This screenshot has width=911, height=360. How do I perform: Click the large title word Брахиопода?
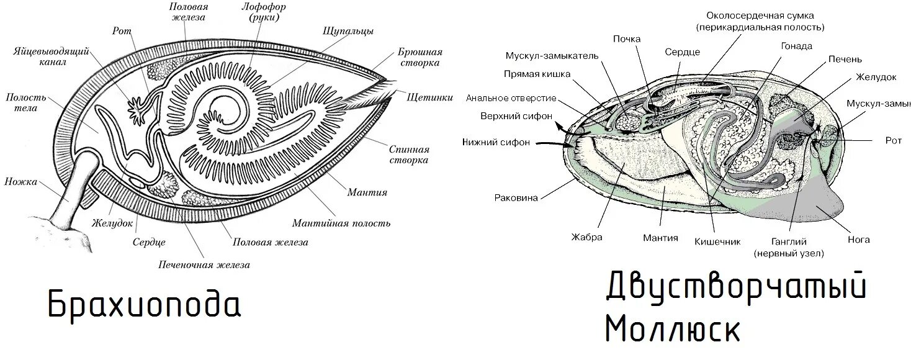pos(144,304)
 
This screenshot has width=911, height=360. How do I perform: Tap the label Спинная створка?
pos(409,155)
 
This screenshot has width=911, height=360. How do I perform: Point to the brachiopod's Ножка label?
pos(21,182)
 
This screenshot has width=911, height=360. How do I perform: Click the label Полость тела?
pos(22,102)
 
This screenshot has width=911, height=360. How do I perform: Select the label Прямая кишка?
pos(537,74)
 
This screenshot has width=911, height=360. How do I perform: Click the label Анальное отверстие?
pos(511,98)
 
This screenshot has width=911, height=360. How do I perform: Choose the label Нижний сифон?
pos(496,142)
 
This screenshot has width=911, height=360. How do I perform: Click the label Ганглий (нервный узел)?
pos(788,246)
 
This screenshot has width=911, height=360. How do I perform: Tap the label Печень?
pos(845,59)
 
